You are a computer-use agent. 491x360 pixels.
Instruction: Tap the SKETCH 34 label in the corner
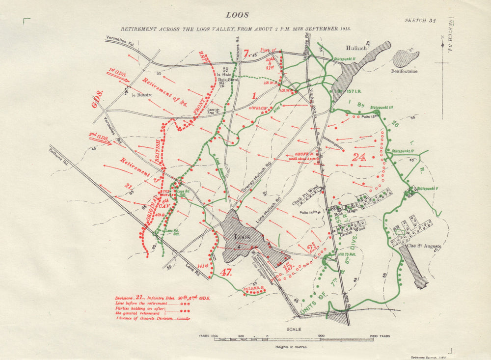pos(420,21)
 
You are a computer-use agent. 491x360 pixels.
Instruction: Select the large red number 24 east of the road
pos(359,158)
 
